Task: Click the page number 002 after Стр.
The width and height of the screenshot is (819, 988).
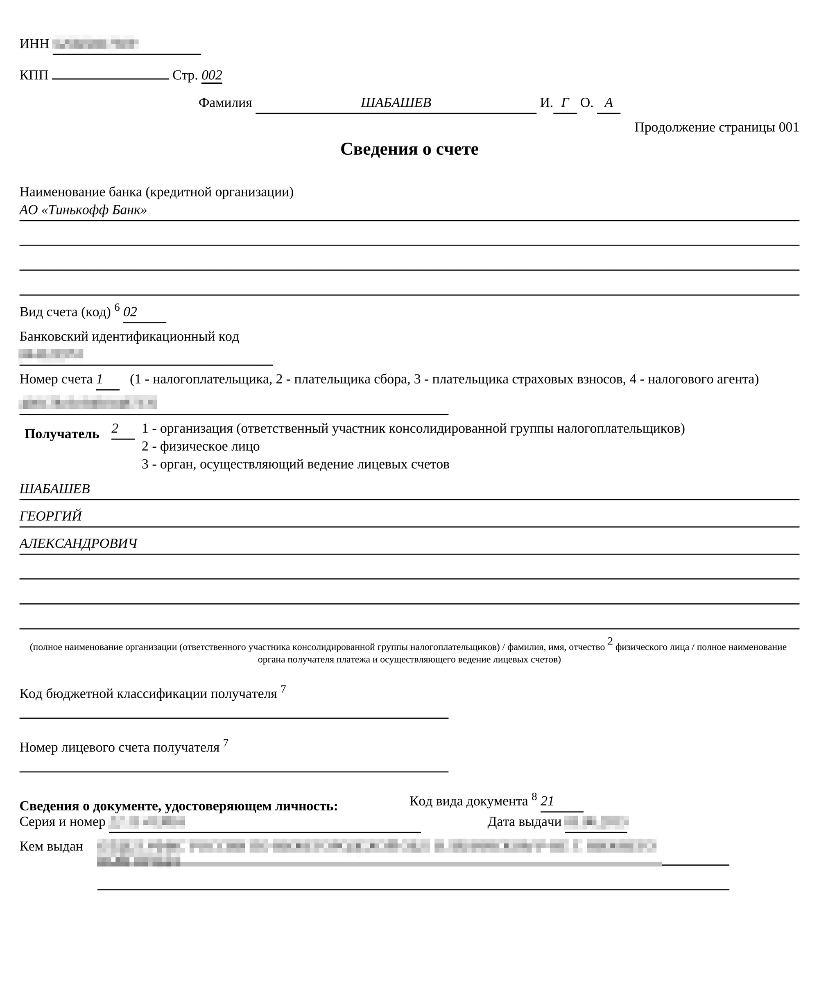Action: (x=211, y=75)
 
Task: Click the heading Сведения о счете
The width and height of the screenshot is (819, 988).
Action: (x=409, y=149)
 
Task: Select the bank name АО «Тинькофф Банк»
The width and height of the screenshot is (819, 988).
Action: (x=83, y=210)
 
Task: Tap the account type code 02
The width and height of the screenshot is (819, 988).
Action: (x=130, y=312)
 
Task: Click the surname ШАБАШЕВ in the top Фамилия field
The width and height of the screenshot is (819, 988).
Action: (x=396, y=103)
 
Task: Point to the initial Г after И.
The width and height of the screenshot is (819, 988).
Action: (x=565, y=103)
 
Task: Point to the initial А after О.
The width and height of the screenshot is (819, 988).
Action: (x=608, y=103)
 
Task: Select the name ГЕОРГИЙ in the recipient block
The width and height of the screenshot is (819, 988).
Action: (x=50, y=516)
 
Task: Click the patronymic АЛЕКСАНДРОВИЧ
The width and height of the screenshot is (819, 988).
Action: (x=78, y=544)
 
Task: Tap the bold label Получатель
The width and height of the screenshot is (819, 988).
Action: (x=62, y=434)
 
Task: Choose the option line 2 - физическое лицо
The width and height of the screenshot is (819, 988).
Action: (x=201, y=446)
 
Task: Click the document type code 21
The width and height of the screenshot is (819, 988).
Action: (x=547, y=801)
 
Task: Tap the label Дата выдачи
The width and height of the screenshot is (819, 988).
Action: (x=524, y=821)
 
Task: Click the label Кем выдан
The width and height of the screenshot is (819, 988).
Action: (x=51, y=846)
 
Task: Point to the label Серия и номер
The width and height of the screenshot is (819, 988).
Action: (x=62, y=821)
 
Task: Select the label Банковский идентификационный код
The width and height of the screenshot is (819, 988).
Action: (x=129, y=336)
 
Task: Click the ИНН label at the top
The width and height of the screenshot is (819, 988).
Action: (x=34, y=44)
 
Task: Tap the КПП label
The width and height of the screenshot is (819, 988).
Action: (x=34, y=75)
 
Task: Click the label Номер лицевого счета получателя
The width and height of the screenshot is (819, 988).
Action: (x=119, y=747)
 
